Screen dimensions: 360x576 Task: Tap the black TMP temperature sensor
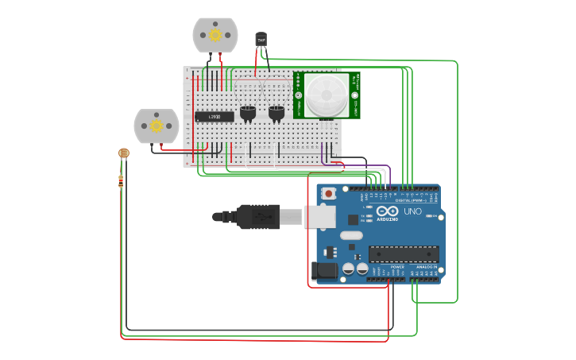261,38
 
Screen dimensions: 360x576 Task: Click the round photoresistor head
122,153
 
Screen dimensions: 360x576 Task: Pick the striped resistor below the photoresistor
121,181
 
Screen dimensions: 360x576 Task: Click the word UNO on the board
413,212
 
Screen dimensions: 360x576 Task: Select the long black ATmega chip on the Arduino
403,254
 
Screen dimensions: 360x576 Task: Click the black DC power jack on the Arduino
324,271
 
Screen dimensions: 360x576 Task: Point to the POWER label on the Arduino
387,267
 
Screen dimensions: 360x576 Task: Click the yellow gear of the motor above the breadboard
215,35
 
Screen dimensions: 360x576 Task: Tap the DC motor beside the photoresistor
157,126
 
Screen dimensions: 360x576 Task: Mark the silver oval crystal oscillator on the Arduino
351,235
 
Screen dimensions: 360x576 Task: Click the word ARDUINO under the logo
387,219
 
